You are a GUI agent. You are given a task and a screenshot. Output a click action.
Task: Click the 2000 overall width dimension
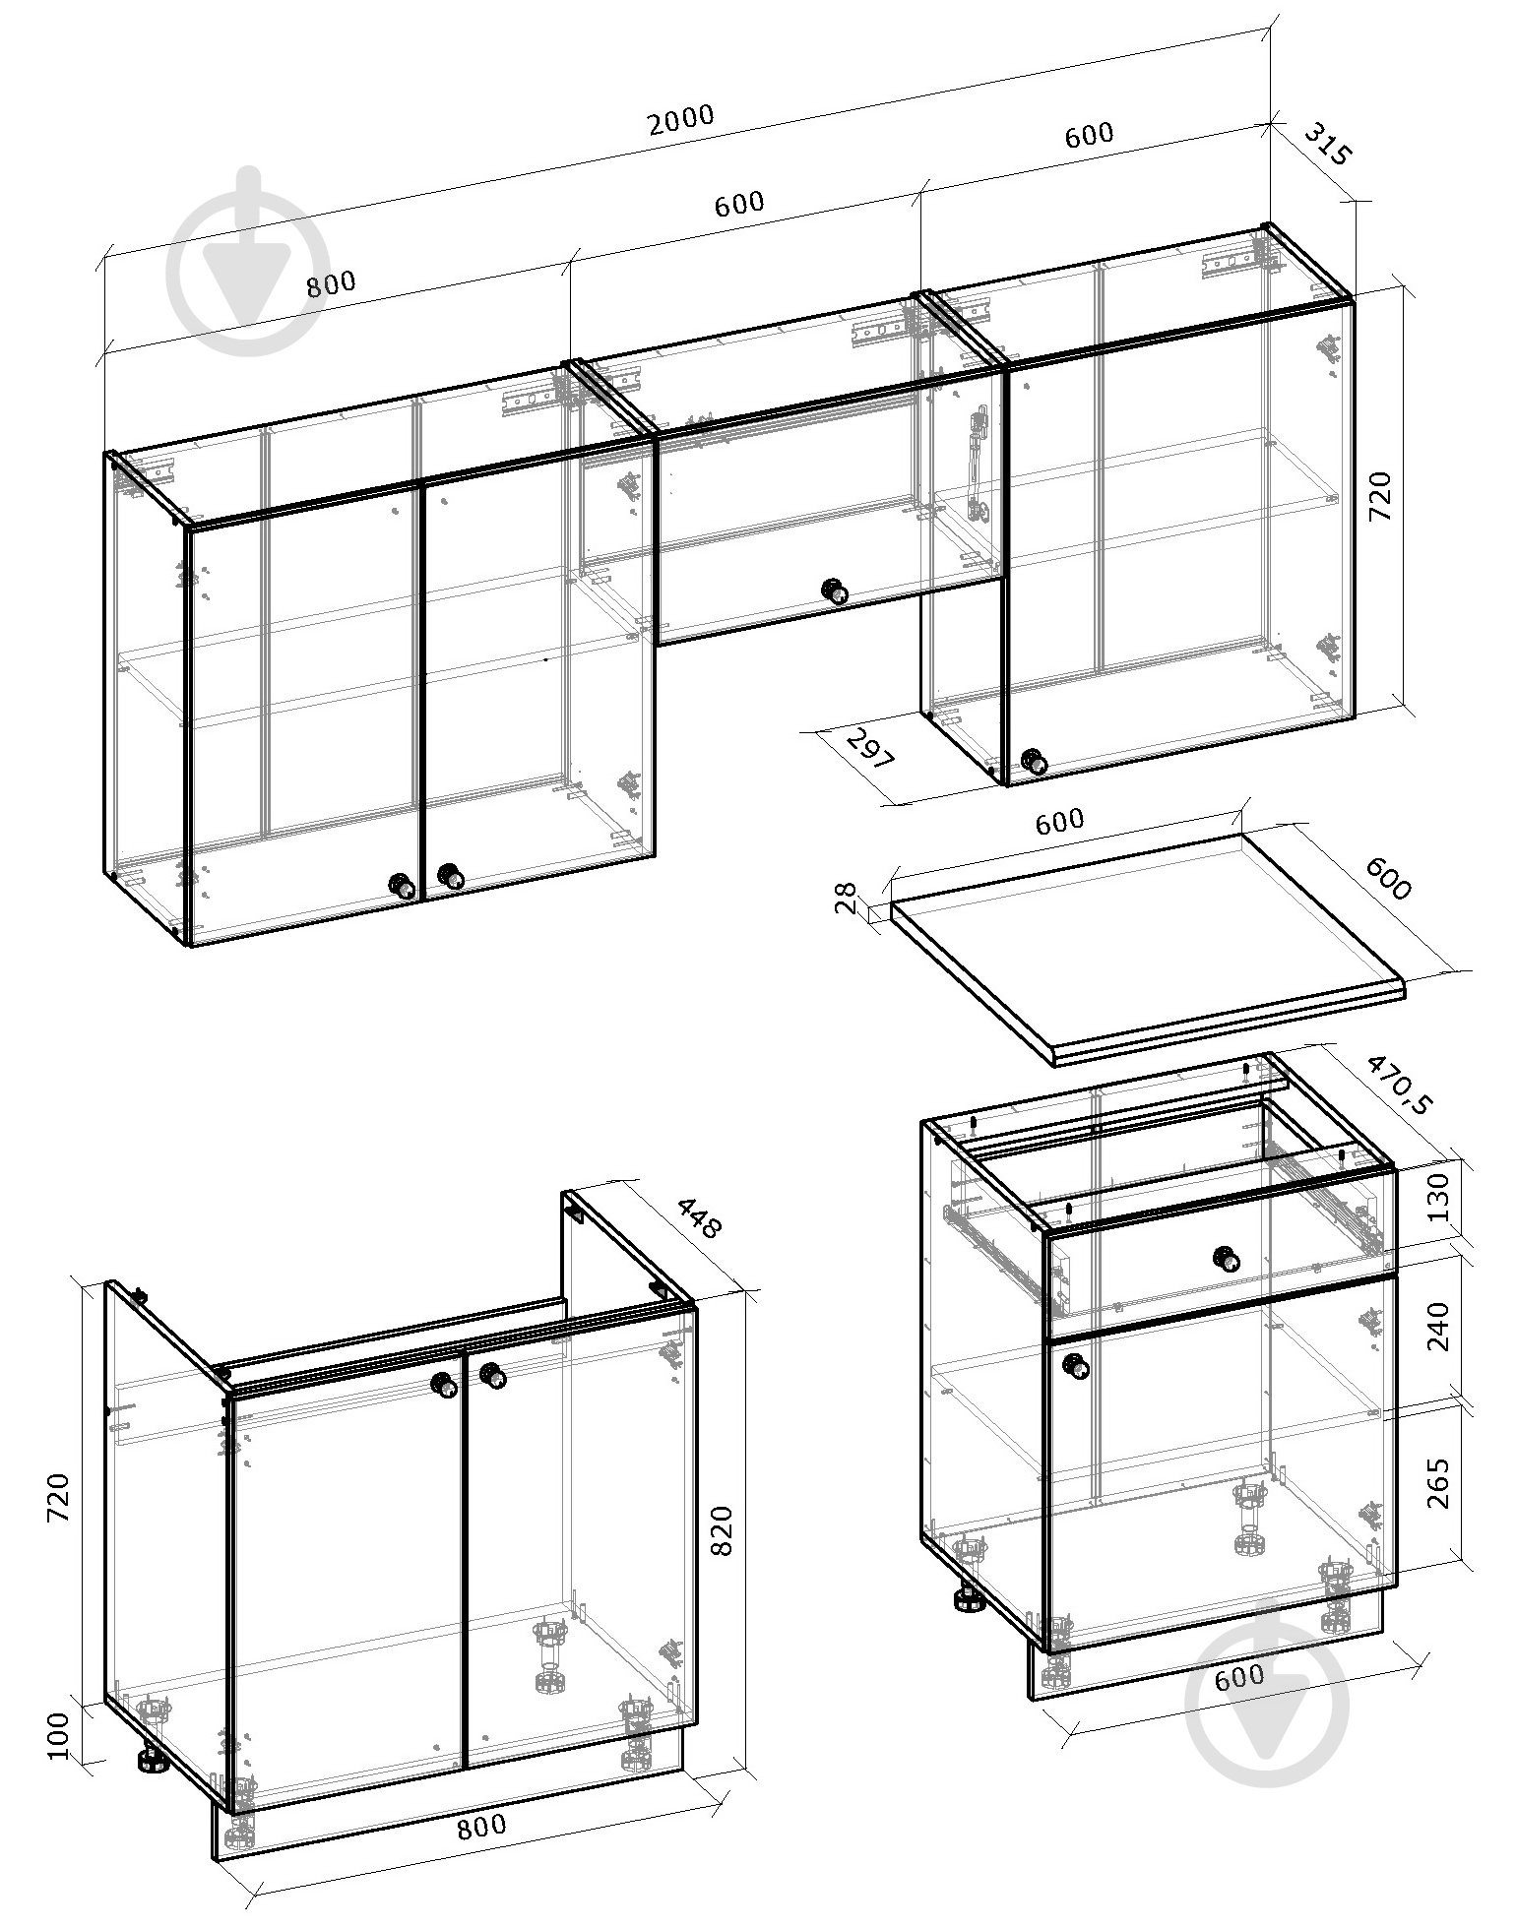(x=681, y=120)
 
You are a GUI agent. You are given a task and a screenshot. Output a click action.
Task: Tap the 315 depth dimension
(x=1329, y=146)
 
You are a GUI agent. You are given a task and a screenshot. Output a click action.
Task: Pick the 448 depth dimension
(x=700, y=1217)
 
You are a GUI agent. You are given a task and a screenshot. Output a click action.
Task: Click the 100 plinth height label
(x=59, y=1734)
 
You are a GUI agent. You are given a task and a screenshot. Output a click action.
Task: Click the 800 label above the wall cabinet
(x=331, y=284)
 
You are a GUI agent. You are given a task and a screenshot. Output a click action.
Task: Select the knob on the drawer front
(x=1226, y=1259)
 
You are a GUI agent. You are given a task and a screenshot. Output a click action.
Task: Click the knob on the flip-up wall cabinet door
(x=835, y=591)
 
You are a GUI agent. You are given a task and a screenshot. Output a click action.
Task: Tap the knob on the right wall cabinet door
(x=1034, y=761)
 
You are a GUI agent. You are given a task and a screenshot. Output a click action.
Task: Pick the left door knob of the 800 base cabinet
(x=448, y=1385)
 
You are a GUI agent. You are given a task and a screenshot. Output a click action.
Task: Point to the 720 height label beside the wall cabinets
(x=1382, y=497)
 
